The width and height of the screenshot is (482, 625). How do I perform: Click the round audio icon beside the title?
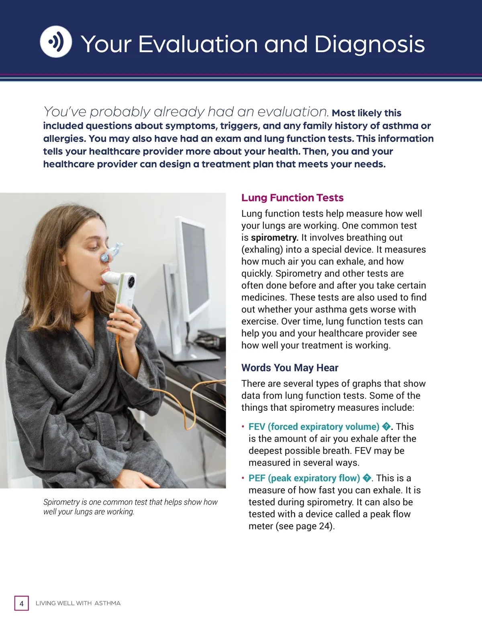56,42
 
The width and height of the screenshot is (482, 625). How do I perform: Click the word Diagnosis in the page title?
369,44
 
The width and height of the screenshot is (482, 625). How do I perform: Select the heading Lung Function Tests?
292,198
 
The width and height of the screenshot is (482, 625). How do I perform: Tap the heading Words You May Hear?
290,368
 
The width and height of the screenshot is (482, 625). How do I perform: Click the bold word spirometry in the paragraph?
274,237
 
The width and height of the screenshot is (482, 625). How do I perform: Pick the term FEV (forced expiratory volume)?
314,426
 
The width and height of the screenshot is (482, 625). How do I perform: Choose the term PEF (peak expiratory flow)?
304,478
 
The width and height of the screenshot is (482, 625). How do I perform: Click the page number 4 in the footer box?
22,603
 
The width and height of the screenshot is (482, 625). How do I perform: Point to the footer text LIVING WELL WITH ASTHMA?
78,603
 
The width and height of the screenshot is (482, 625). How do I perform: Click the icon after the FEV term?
386,426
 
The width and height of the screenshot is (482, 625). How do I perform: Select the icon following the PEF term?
367,478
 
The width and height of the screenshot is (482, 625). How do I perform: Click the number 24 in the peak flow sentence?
324,526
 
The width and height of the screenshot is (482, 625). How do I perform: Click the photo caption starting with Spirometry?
130,507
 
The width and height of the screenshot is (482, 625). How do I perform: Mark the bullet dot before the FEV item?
243,426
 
